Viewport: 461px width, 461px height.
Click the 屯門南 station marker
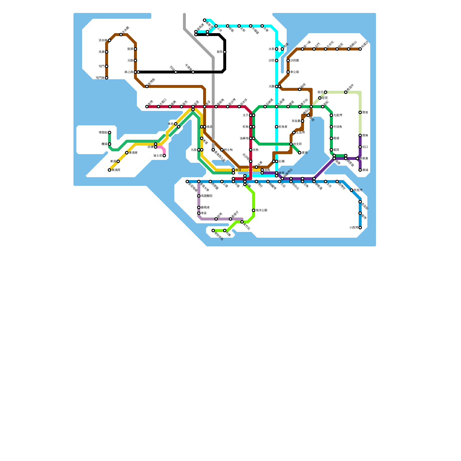point(107,78)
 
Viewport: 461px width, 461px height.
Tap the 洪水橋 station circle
point(109,40)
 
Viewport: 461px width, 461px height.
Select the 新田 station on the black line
point(225,52)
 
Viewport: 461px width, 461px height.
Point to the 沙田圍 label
point(294,61)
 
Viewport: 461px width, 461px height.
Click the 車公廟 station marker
point(288,72)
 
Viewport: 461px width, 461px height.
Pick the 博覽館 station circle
point(109,133)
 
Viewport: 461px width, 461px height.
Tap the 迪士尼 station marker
point(164,156)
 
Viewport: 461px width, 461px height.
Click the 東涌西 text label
point(116,170)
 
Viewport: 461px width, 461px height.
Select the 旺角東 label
point(283,127)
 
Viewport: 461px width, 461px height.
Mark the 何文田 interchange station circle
point(291,144)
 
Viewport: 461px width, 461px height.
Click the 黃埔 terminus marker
point(300,153)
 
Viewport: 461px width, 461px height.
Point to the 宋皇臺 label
point(296,121)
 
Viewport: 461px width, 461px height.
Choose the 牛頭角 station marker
point(331,127)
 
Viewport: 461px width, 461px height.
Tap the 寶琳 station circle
point(360,135)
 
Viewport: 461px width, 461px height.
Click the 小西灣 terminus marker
point(360,228)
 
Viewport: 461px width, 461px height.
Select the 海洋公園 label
point(261,210)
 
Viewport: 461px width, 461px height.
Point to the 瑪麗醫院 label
point(207,196)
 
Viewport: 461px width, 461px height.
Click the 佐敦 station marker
point(251,150)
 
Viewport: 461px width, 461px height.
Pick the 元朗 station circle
point(135,61)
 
